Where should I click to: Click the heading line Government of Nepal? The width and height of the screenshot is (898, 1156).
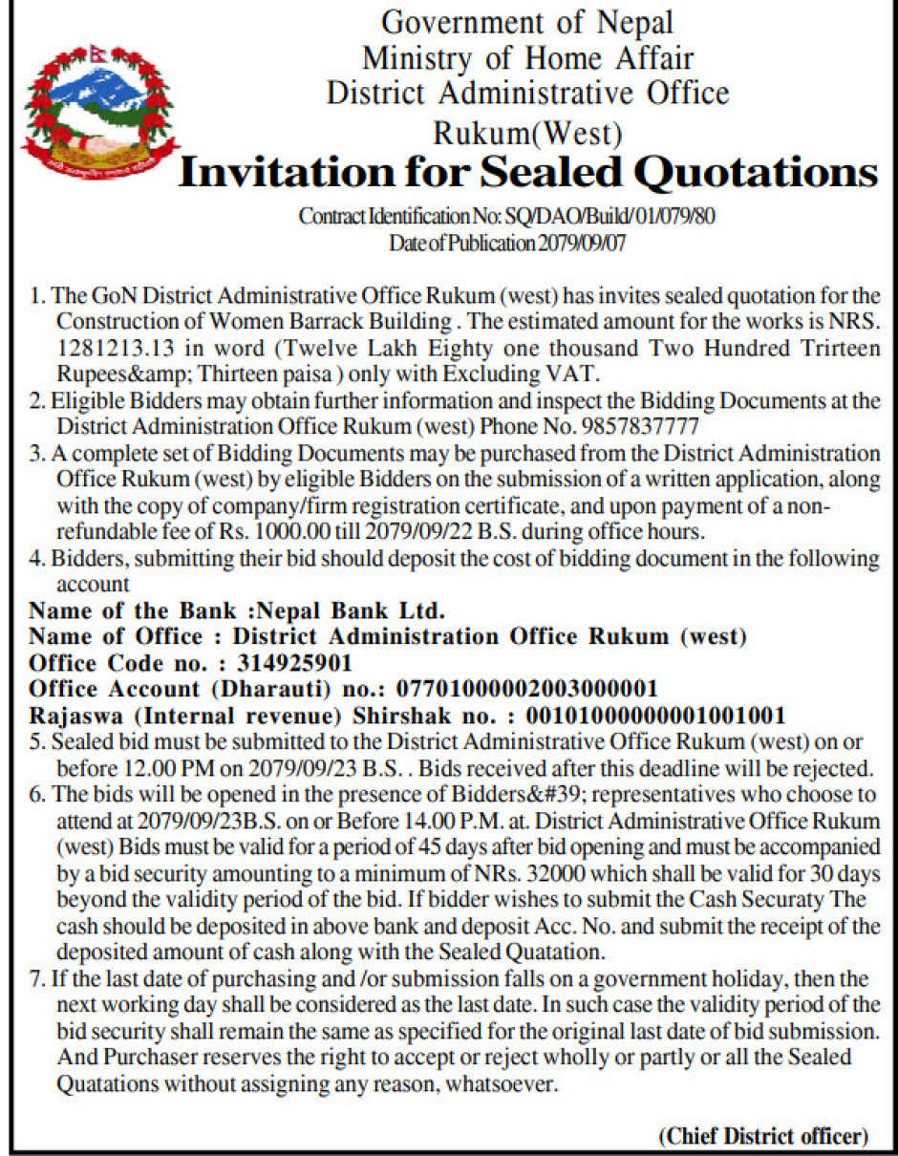point(527,21)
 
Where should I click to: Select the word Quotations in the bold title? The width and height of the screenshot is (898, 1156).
point(751,173)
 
